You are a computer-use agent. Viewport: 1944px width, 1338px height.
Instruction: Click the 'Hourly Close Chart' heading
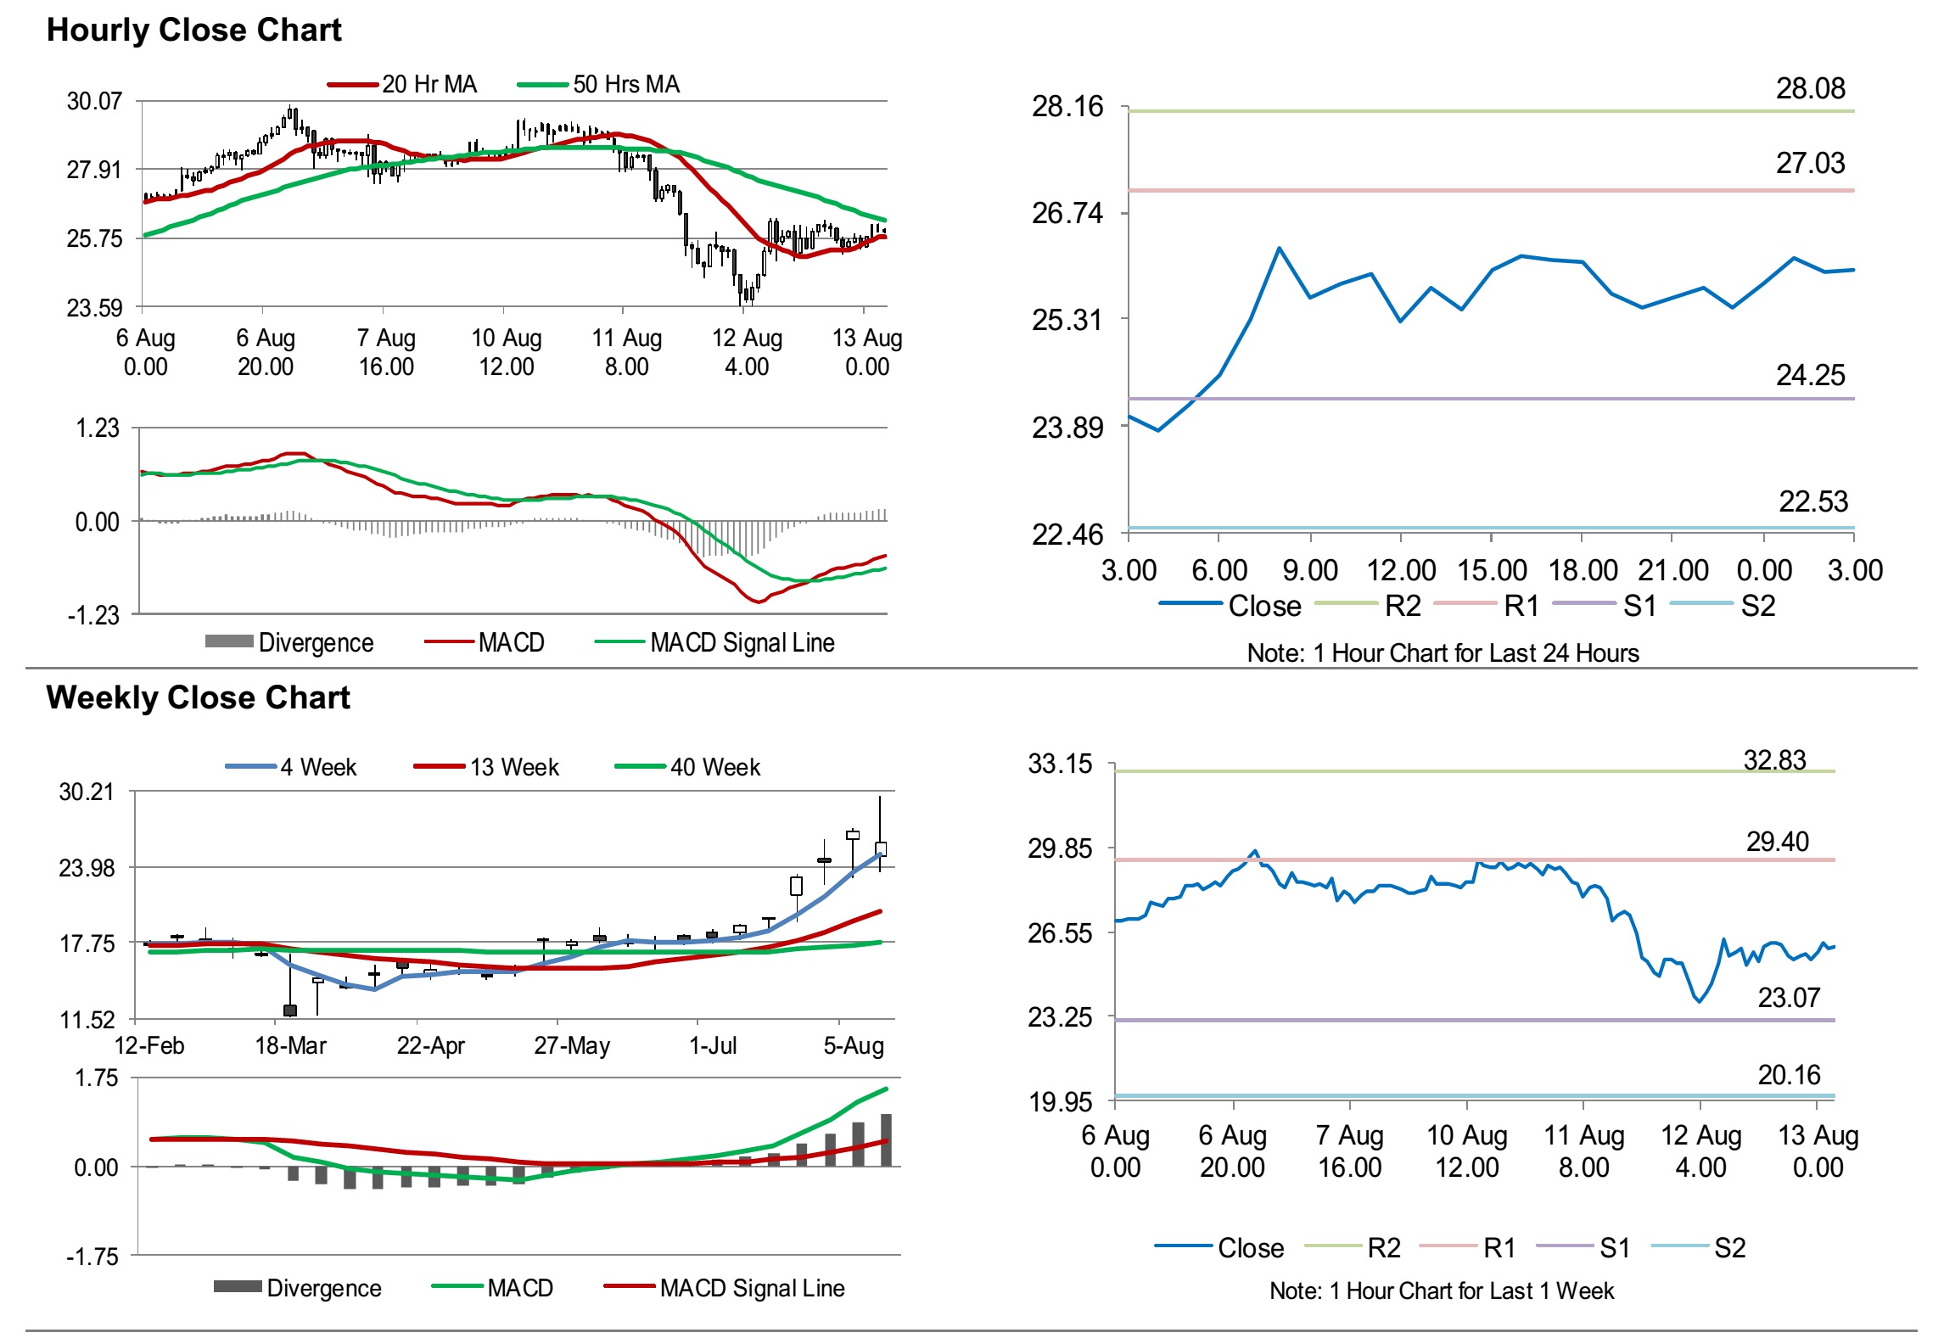click(x=193, y=31)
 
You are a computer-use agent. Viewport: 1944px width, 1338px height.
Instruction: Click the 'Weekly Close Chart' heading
click(x=198, y=698)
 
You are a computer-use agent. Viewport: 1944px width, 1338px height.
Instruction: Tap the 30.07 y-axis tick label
click(x=94, y=102)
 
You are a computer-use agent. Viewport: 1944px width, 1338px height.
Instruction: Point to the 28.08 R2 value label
click(x=1810, y=88)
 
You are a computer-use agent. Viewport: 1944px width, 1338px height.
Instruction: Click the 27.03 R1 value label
click(x=1810, y=163)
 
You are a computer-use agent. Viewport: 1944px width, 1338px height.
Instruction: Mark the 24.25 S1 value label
click(x=1810, y=375)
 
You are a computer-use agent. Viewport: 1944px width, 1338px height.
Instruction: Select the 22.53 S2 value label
click(x=1812, y=501)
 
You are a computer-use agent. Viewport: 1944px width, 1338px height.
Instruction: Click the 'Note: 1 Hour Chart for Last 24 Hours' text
click(x=1443, y=653)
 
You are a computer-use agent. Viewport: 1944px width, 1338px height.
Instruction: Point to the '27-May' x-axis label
click(x=572, y=1045)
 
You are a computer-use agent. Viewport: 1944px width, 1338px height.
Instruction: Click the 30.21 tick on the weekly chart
click(x=87, y=792)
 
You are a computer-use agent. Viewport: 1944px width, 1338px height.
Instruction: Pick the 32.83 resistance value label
click(x=1774, y=760)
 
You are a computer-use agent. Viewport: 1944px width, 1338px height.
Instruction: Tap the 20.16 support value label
click(x=1789, y=1075)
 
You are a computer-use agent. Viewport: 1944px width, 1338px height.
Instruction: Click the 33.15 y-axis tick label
click(x=1060, y=764)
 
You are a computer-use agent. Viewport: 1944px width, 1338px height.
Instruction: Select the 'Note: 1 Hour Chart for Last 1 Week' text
click(x=1441, y=1291)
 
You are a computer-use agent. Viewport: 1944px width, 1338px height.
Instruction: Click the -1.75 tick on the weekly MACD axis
click(x=92, y=1257)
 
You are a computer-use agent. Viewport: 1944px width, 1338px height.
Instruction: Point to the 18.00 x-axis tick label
click(x=1583, y=571)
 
